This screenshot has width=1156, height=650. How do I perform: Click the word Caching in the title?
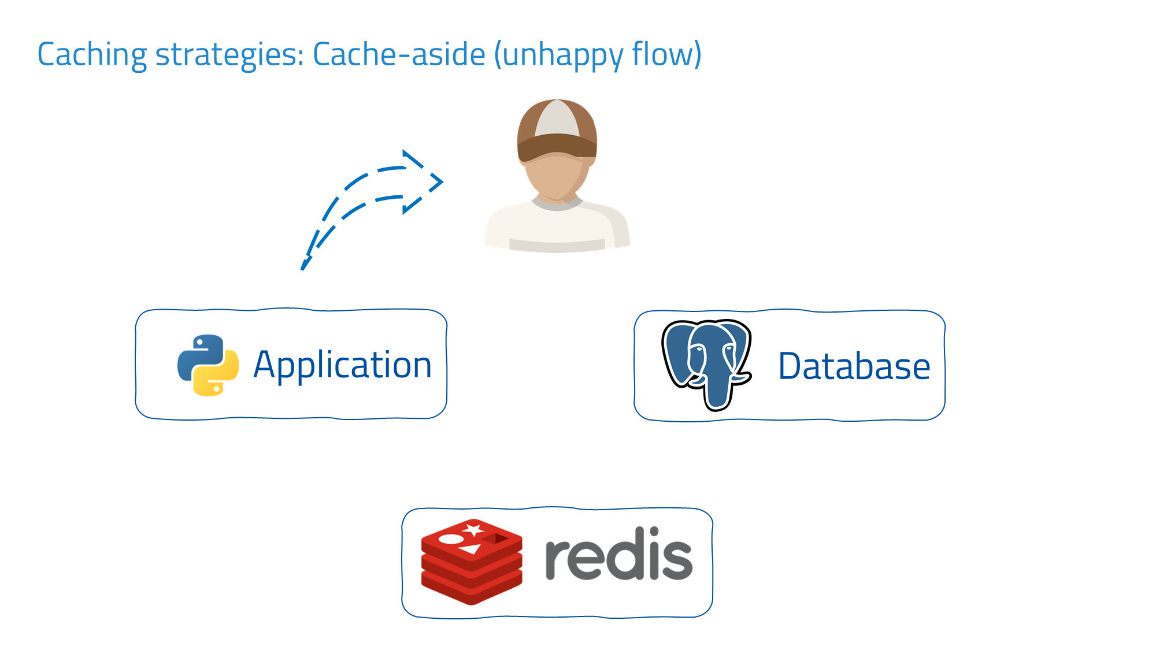point(92,55)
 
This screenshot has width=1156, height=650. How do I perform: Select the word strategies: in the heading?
point(229,55)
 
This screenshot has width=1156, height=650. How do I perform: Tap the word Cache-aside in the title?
point(399,54)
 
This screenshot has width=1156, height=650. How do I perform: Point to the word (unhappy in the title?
point(558,55)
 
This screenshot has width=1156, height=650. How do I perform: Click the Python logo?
point(208,365)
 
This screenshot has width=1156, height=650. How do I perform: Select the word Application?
point(342,365)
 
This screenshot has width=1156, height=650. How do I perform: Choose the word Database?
point(854,366)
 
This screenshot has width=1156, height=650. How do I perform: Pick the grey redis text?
point(618,554)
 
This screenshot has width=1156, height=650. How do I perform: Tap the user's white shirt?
point(557,228)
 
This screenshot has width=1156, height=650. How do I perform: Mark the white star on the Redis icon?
point(474,529)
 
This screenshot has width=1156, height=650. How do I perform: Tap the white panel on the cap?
point(557,118)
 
